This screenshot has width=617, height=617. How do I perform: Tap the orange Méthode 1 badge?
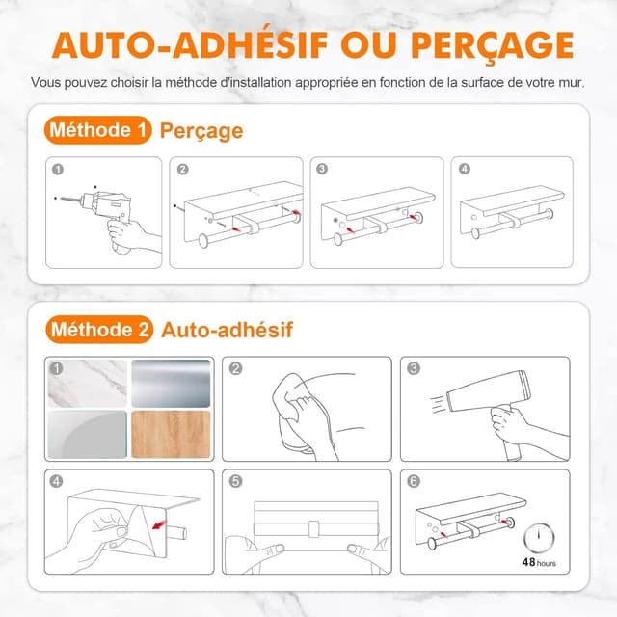coord(98,129)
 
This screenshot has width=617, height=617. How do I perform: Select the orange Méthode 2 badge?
coord(99,330)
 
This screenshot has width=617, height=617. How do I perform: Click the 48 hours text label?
coord(539,562)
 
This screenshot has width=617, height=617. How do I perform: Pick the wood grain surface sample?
coord(171,435)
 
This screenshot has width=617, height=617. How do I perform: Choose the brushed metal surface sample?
coord(171,383)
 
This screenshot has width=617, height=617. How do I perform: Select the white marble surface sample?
coord(88,383)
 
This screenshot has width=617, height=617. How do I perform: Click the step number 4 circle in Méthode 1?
coord(465,169)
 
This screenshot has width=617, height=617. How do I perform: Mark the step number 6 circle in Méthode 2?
coord(415,480)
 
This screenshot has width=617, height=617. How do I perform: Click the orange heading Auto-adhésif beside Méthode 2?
coord(228,330)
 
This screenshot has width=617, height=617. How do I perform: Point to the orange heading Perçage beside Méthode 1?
coord(201,130)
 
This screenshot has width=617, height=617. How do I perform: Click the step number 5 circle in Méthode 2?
coord(236,480)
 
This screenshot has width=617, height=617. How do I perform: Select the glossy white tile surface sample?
coord(88,435)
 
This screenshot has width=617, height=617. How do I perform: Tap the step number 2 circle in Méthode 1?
coord(183,169)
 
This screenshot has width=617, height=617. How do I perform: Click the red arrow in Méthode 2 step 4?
coord(174,526)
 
